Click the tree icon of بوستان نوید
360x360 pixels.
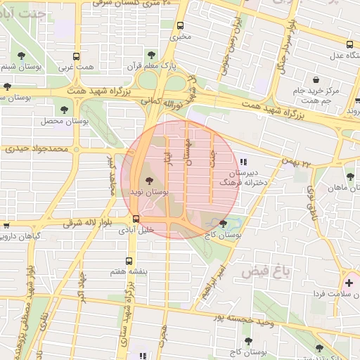pos(149,182)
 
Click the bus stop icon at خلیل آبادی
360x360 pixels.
pos(136,219)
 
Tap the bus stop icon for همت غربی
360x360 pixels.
pos(76,56)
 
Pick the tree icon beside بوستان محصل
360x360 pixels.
pos(65,110)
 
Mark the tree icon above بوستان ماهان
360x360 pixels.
pos(350,176)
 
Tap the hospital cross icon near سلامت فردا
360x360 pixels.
pos(348,283)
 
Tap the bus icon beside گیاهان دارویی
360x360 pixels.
pos(6,226)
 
